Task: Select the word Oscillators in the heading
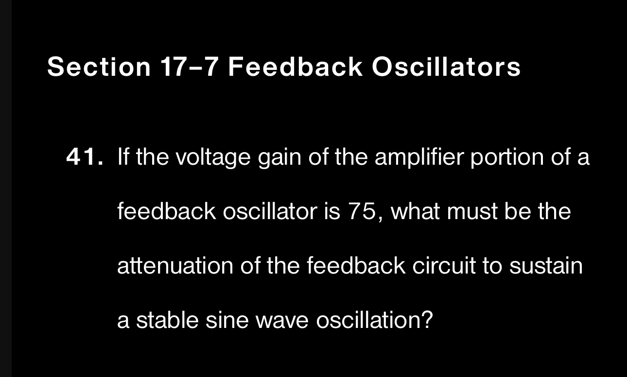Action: pos(446,67)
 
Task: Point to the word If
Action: pos(123,157)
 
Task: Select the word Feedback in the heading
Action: pos(295,67)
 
